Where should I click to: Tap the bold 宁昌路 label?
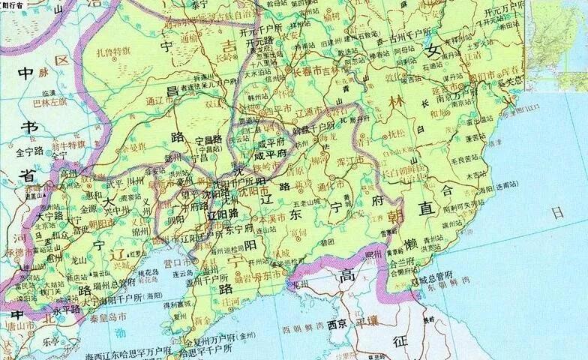pos(208,139)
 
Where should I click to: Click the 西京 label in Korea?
pos(337,325)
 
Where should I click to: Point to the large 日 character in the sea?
pos(556,212)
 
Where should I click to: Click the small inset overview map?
pos(558,45)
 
